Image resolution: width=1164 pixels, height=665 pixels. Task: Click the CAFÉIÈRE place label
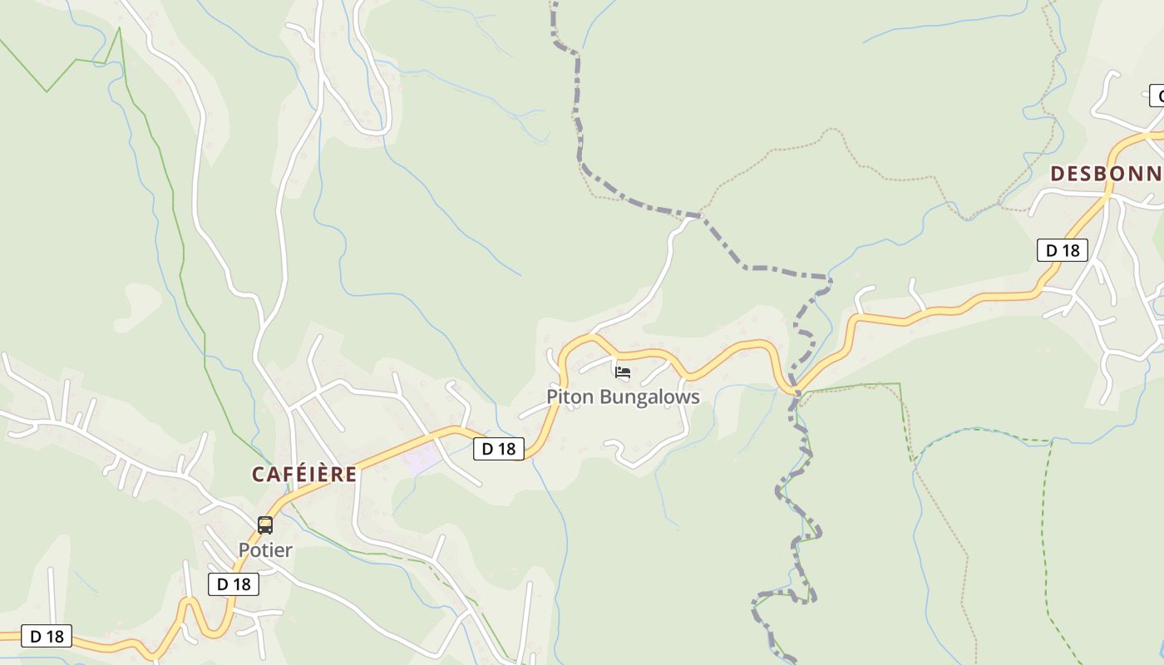coord(304,475)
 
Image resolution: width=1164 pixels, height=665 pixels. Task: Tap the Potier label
coord(265,550)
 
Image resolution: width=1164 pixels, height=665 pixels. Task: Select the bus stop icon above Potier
coord(265,525)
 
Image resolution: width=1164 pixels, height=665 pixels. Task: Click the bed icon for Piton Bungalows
coord(623,372)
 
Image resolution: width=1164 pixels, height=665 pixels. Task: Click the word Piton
coord(570,397)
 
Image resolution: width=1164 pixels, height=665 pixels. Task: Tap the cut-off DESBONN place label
coord(1106,174)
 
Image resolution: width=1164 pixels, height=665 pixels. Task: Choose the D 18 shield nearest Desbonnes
coord(1062,250)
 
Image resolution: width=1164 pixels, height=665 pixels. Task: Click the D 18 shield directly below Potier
coord(234,584)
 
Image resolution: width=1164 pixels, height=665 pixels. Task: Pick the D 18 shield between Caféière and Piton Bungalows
coord(499,449)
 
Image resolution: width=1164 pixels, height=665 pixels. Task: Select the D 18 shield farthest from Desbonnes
coord(47,637)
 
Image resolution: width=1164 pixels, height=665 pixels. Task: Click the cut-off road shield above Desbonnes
coord(1157,96)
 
